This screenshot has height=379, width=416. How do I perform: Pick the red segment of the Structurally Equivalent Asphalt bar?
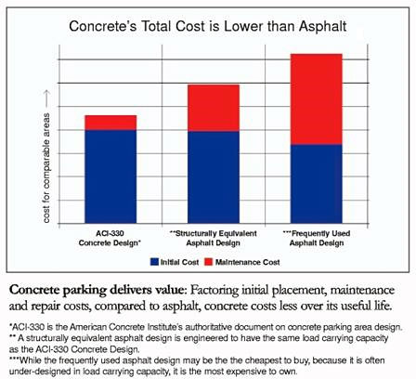(x=214, y=108)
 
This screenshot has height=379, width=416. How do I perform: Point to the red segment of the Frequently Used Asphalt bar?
(x=316, y=98)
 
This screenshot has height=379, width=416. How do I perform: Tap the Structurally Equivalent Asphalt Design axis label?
(x=214, y=234)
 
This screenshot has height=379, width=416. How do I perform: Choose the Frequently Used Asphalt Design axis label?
(x=317, y=234)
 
